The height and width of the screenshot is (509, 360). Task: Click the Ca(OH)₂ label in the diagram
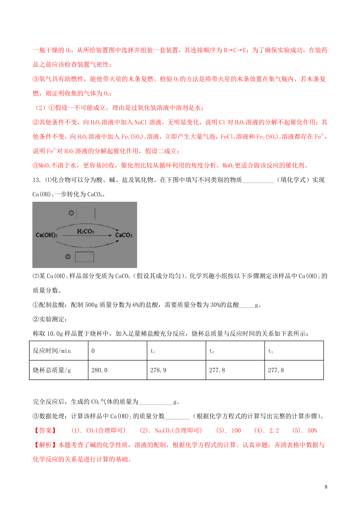[x=46, y=235]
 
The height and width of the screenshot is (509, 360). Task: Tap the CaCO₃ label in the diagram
[x=124, y=235]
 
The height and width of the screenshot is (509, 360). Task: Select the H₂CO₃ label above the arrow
[x=85, y=231]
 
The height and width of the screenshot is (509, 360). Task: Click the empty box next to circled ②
[x=84, y=257]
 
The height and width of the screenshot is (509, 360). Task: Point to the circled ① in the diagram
[x=71, y=213]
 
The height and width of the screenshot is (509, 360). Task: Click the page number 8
[x=326, y=487]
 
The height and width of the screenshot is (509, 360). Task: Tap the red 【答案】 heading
[x=45, y=431]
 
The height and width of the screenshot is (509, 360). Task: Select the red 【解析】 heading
[x=45, y=445]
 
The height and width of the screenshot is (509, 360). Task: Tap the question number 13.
[x=36, y=180]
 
